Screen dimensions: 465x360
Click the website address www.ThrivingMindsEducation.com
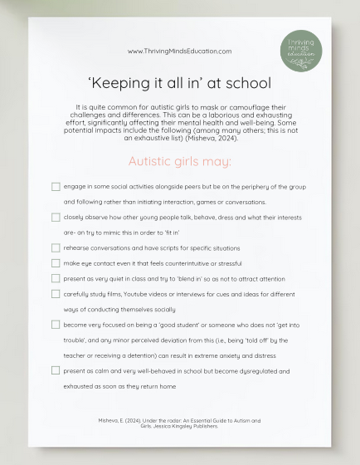click(179, 51)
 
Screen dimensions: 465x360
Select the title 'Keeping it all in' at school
click(179, 83)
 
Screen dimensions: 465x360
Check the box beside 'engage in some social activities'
click(56, 188)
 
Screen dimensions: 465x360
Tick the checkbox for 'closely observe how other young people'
click(56, 218)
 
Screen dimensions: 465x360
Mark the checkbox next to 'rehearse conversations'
click(56, 247)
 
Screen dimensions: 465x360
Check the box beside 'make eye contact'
click(56, 262)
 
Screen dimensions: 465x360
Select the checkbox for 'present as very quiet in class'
click(56, 278)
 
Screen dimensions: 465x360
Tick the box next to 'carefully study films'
click(56, 293)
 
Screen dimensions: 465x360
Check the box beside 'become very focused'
click(56, 324)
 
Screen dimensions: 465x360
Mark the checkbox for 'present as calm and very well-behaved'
click(56, 370)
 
